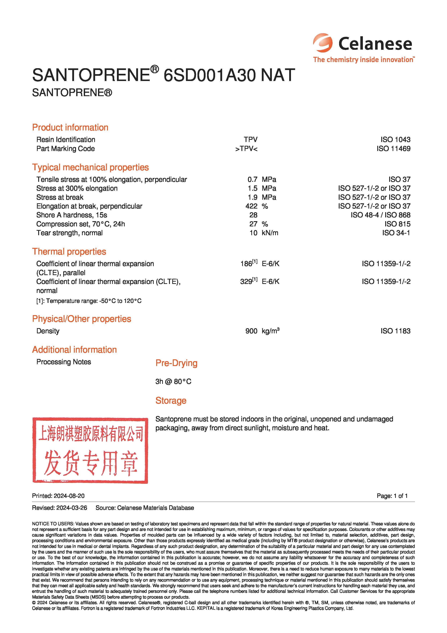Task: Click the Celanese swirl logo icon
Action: (x=323, y=43)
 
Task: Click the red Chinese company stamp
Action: (x=90, y=450)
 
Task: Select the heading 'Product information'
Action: (x=70, y=127)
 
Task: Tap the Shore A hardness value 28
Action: (x=253, y=215)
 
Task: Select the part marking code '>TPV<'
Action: (x=246, y=149)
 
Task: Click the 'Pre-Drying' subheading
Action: (x=176, y=363)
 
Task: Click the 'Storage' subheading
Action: (x=171, y=401)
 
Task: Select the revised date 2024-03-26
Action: (x=72, y=508)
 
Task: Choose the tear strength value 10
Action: (x=253, y=233)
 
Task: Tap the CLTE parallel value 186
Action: (x=246, y=264)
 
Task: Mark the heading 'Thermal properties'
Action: (x=69, y=251)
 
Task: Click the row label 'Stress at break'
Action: (x=60, y=197)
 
